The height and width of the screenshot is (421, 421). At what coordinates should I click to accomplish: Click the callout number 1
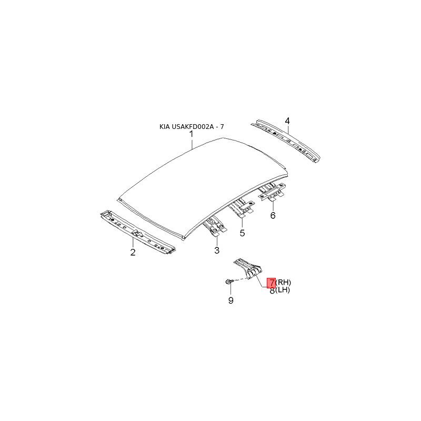click(192, 135)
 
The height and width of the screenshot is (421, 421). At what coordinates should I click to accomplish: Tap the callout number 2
click(133, 253)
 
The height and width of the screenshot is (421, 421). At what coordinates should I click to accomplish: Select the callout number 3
click(216, 250)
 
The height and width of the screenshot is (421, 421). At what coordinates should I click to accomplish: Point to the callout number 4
click(287, 122)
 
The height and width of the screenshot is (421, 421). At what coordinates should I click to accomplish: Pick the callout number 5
click(242, 233)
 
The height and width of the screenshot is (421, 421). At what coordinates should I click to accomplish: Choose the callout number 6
click(273, 216)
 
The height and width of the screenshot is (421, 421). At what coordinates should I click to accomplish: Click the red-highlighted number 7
click(272, 283)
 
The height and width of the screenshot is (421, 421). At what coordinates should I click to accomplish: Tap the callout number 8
click(272, 290)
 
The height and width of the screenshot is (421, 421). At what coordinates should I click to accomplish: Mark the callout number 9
click(230, 300)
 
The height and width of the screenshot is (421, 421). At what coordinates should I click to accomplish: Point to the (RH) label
click(283, 283)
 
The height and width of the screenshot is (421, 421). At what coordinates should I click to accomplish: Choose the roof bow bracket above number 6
click(272, 192)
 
